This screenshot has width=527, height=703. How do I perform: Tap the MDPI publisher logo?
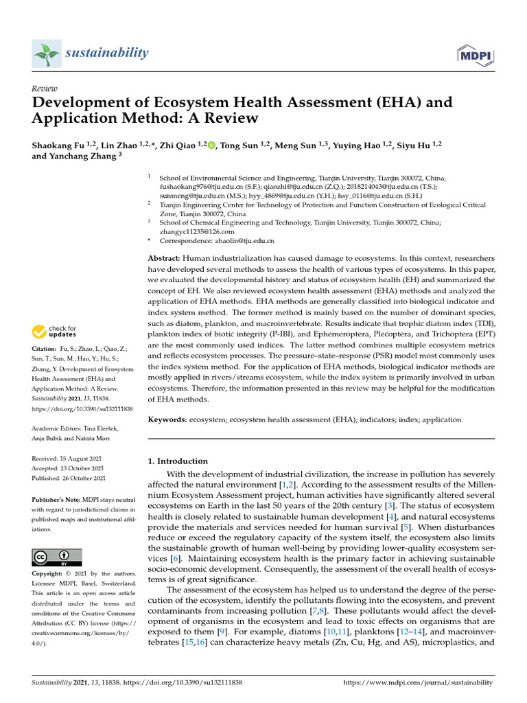(x=471, y=55)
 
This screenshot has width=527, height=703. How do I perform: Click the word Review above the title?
(x=45, y=89)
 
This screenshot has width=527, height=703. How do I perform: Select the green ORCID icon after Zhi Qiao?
(x=211, y=145)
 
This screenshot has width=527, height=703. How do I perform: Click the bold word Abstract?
(x=165, y=258)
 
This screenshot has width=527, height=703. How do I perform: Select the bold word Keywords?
(x=169, y=419)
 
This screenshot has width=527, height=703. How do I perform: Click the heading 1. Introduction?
(x=178, y=461)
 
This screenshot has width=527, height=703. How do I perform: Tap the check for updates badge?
(x=54, y=332)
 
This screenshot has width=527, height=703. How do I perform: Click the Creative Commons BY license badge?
(x=57, y=557)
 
